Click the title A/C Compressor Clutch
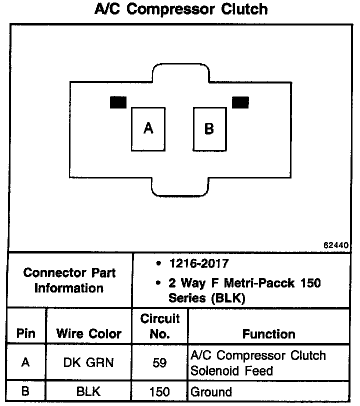[180, 9]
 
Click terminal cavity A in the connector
[148, 129]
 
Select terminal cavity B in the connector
[209, 129]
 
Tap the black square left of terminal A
[118, 102]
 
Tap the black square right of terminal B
[240, 102]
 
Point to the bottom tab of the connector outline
[180, 187]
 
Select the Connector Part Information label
[69, 280]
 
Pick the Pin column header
[26, 333]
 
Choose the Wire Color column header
[89, 333]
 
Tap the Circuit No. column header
[159, 326]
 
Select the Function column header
[268, 333]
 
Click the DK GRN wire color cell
[89, 363]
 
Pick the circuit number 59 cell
[159, 363]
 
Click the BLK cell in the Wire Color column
[89, 392]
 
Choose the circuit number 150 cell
[159, 392]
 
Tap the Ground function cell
[211, 392]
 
